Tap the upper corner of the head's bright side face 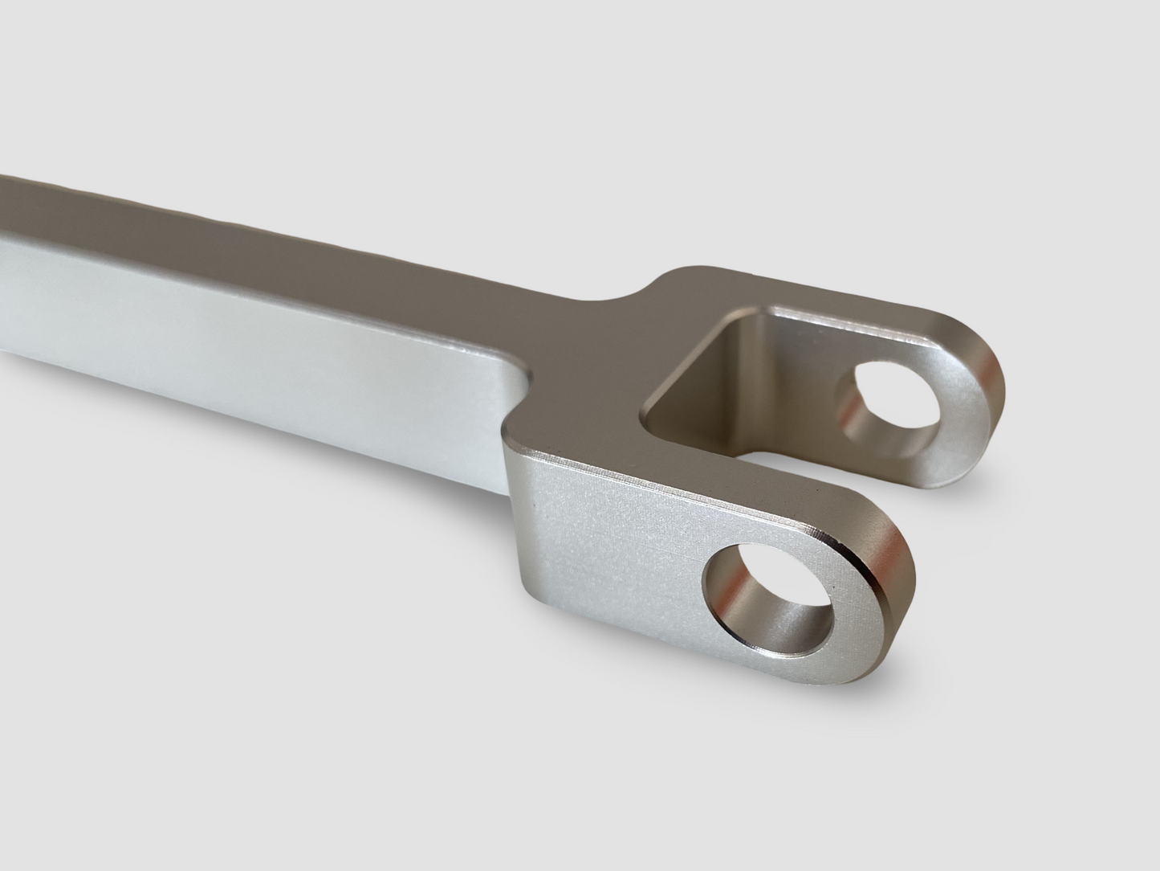514,438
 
